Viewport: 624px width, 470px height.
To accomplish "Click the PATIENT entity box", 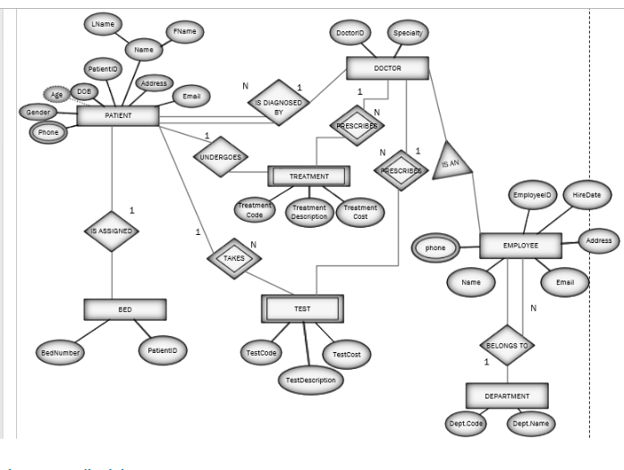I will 118,115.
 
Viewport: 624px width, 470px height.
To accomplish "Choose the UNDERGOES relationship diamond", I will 220,155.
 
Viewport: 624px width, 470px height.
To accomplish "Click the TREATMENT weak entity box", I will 309,177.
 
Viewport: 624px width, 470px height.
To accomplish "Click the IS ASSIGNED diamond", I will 112,231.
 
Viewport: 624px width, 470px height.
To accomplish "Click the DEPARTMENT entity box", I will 507,395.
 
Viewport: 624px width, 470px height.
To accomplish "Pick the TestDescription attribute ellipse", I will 310,381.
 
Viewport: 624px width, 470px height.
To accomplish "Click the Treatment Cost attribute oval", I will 361,213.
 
